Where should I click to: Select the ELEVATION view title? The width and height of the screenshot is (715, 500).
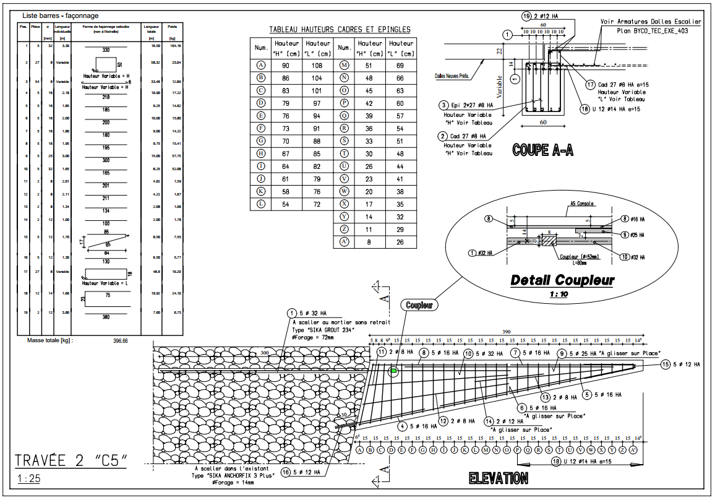coord(498,478)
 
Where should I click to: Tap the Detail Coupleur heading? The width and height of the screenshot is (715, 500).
coord(562,280)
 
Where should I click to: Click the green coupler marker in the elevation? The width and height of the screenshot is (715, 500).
coord(393,371)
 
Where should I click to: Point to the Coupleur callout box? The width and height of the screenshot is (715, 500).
coord(419,305)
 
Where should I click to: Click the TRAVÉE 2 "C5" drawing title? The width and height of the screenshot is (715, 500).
coord(73,460)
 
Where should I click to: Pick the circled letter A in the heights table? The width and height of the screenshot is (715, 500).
coord(261,66)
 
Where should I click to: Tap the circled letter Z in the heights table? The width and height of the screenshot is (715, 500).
coord(345,229)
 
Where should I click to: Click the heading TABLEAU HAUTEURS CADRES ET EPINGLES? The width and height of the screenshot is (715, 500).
coord(340,30)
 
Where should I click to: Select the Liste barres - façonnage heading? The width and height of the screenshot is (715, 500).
coord(60,15)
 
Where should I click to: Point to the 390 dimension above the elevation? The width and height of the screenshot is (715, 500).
coord(508,332)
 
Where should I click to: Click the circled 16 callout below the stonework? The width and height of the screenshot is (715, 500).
coord(285,472)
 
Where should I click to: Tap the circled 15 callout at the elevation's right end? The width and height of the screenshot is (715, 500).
coord(666,365)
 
